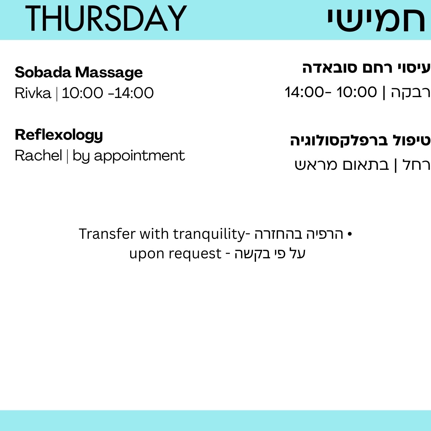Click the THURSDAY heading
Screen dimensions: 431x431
tap(106, 19)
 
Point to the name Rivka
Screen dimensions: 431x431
tap(33, 93)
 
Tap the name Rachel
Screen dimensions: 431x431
tap(39, 155)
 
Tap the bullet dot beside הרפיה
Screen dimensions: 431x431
tap(350, 234)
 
